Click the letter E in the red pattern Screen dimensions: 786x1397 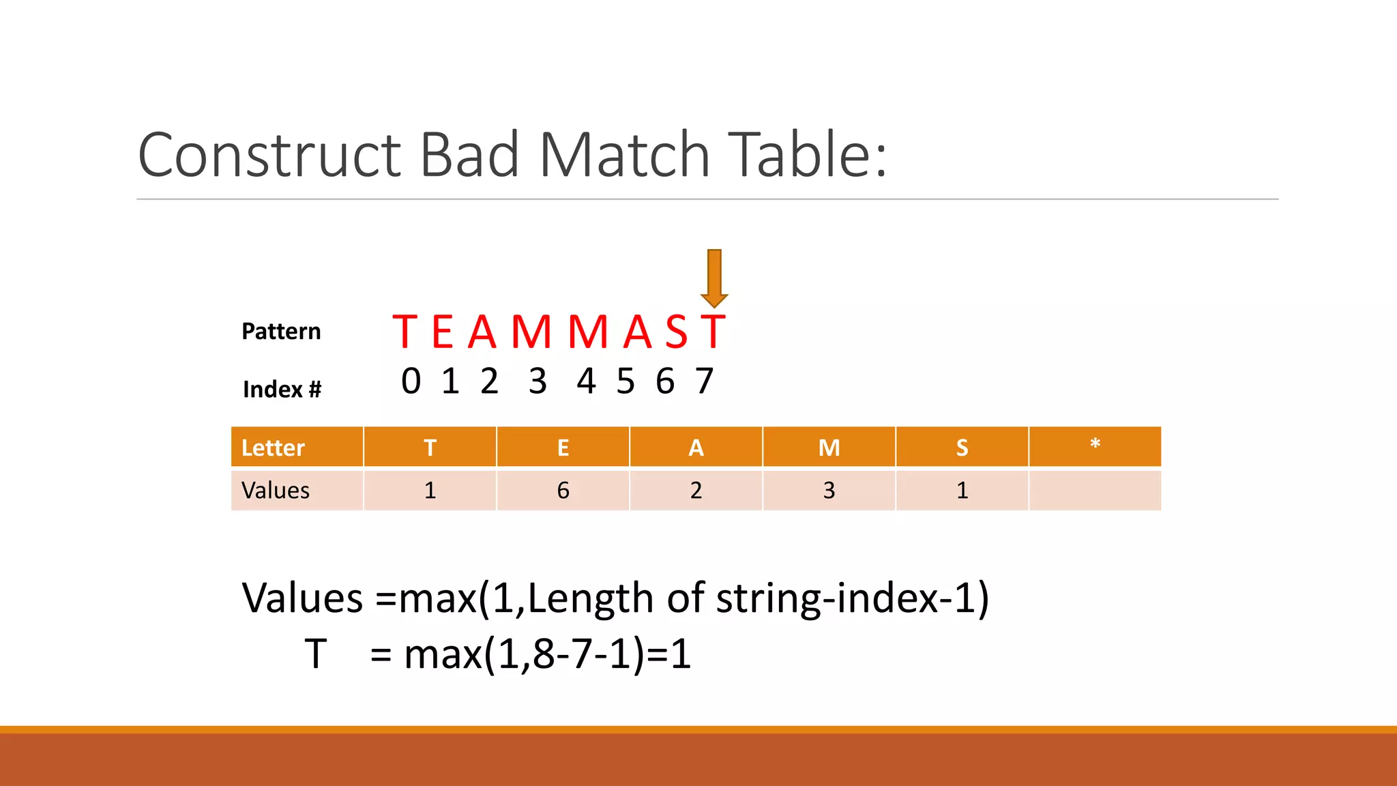pos(443,332)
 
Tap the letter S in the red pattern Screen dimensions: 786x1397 pos(677,332)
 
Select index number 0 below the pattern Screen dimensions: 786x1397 pos(411,381)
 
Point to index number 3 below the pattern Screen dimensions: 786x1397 pos(538,381)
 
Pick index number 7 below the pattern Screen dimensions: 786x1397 pos(705,381)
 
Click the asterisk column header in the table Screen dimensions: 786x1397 pos(1095,446)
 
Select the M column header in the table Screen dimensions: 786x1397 pos(829,448)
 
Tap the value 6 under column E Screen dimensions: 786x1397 pos(563,491)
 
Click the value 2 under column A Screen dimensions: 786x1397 pos(696,491)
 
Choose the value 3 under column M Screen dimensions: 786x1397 pos(829,491)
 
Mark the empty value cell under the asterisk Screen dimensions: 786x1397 pos(1095,491)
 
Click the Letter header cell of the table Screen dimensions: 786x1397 pos(274,448)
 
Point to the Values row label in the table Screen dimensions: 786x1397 pos(276,491)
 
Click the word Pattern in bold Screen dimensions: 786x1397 pos(281,332)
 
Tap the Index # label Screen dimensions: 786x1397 pos(282,389)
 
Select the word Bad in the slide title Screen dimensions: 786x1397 pos(469,155)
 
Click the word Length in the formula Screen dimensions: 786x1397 pos(591,598)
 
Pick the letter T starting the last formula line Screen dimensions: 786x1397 pos(315,654)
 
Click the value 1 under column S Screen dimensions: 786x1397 pos(962,491)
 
